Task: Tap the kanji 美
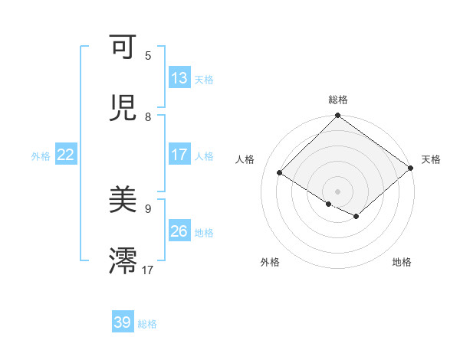coord(123,201)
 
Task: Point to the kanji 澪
coord(123,260)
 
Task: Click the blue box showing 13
coord(179,78)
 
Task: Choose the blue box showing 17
coord(179,155)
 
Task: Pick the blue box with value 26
coord(179,231)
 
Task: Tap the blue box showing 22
coord(66,155)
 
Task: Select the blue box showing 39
coord(123,322)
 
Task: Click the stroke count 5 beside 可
coord(148,56)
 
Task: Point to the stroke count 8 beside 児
coord(148,116)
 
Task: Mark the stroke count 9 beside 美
coord(148,208)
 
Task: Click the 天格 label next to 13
coord(204,79)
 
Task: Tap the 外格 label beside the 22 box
coord(41,155)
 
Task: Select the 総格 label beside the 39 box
coord(147,323)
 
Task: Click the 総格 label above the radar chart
coord(338,100)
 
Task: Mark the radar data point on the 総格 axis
coord(338,116)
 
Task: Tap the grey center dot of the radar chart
coord(338,191)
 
